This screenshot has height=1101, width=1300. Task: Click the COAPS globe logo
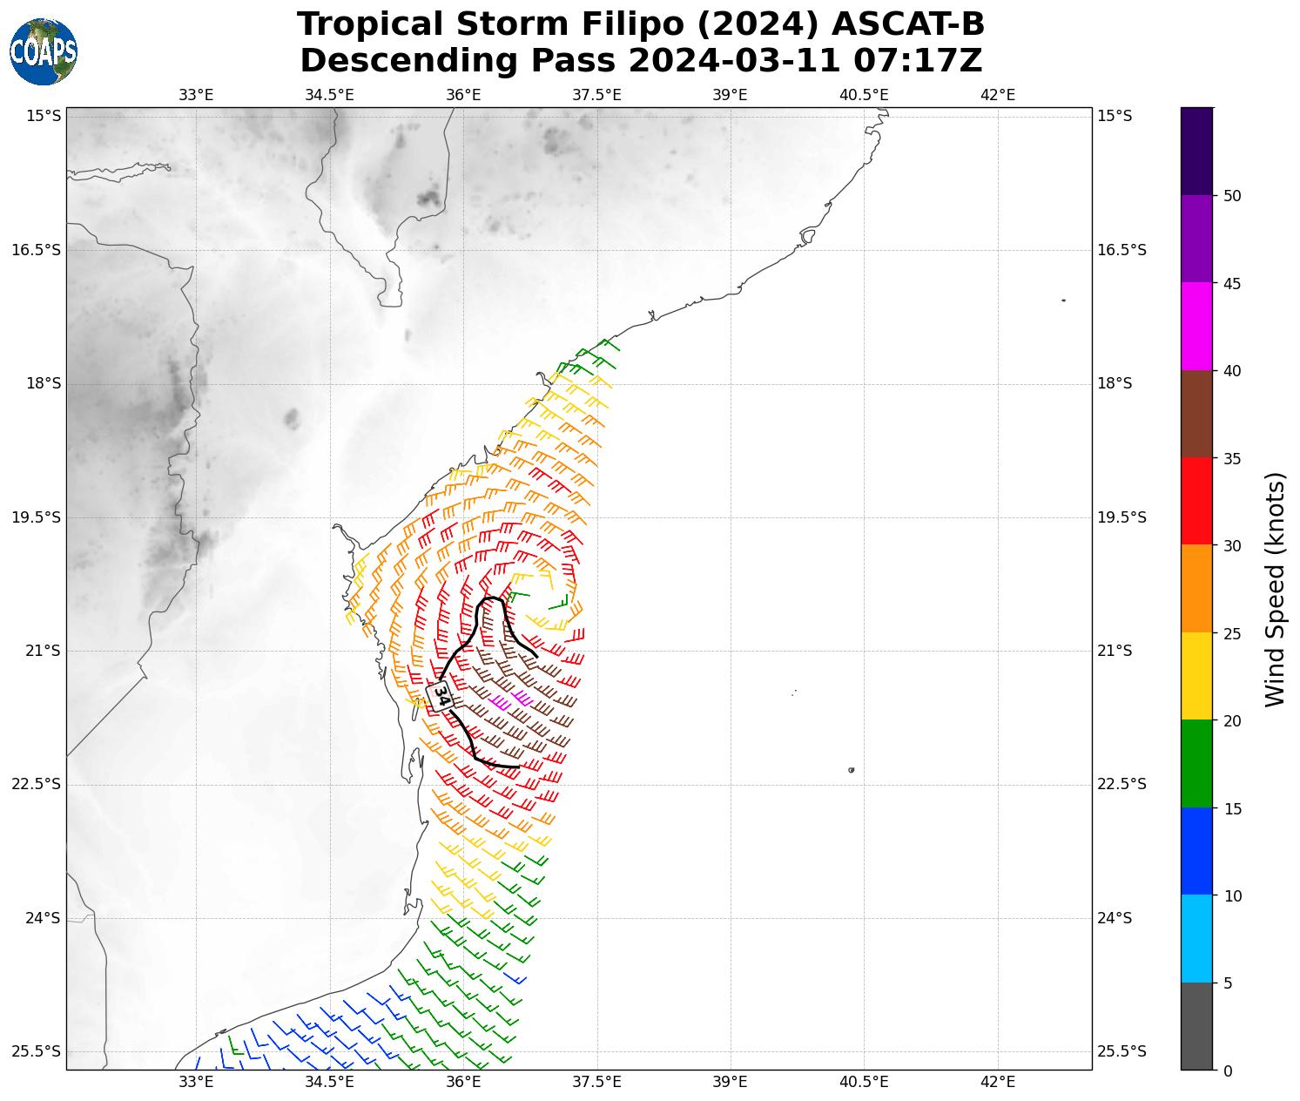click(44, 51)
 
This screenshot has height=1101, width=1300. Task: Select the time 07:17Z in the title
click(918, 61)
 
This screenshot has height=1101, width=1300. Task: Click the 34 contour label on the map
click(441, 696)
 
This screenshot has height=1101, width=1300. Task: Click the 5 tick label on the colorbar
click(1228, 983)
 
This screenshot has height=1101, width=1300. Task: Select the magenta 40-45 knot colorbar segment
click(1196, 327)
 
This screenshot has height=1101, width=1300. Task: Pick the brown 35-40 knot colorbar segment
click(1196, 414)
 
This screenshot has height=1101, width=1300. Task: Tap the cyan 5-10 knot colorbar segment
click(1196, 939)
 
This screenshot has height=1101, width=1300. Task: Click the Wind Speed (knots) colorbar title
click(1275, 590)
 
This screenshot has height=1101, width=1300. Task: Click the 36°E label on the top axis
click(463, 95)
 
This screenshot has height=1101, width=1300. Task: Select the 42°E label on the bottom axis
click(998, 1082)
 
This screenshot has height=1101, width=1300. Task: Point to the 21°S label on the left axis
click(37, 651)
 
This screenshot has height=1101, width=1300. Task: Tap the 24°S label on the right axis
click(1115, 918)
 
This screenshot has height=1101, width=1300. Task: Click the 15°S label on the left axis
click(37, 116)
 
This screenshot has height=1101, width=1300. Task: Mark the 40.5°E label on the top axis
click(864, 95)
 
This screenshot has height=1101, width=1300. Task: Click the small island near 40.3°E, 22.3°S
click(851, 770)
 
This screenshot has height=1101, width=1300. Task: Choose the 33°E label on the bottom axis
click(196, 1082)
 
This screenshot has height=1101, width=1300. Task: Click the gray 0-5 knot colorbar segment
click(1196, 1026)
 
